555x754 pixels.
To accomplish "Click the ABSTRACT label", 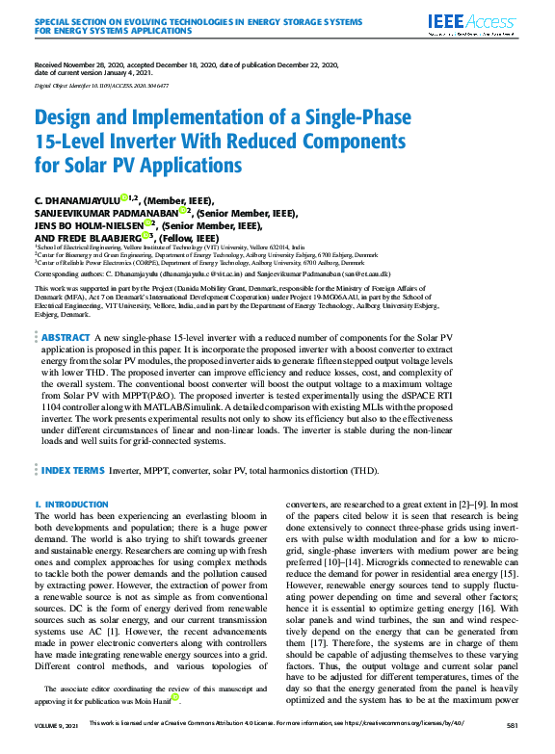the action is (66, 311).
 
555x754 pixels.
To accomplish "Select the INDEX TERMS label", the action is (73, 470).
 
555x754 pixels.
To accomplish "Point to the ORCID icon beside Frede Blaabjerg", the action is (145, 233).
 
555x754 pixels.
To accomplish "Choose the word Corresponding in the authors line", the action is (58, 274).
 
